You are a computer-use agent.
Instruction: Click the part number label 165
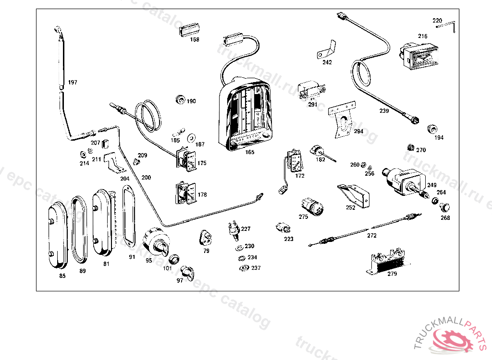pos(249,152)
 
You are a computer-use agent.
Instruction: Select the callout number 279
pos(392,274)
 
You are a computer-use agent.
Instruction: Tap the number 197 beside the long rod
pos(73,83)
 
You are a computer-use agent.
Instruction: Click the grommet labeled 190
pos(181,99)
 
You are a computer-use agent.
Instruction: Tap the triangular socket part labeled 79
pos(205,237)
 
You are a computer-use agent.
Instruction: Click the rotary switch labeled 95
pos(156,241)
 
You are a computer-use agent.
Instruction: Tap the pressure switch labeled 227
pos(234,229)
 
